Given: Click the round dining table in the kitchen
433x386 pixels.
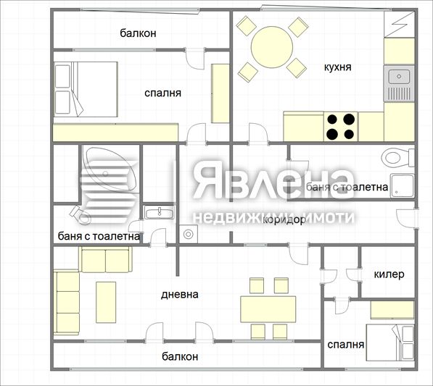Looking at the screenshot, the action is pos(272,47).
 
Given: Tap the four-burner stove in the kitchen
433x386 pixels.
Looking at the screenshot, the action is pos(340,127).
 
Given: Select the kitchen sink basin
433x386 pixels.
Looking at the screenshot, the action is pos(399,77).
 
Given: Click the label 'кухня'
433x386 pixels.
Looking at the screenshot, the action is pos(337,67).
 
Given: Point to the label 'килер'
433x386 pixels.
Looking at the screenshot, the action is pos(389,274).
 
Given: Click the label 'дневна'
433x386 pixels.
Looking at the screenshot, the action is pos(179,295).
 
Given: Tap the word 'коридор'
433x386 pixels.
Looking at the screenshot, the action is pos(284,219).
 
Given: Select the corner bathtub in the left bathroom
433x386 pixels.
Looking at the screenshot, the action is pos(110,169).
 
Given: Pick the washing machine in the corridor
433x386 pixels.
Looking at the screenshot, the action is pos(189,234).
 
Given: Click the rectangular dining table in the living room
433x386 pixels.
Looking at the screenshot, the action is pos(268,309).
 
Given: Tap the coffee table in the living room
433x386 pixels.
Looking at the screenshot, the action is pos(106,302).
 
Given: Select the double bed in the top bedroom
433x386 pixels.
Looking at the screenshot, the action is pos(86,89).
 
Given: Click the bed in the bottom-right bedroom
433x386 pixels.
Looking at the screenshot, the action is pos(390,343).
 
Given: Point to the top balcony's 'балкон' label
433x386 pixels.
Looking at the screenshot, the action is pos(138,33).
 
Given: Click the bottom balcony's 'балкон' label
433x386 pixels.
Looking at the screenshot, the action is pos(180,356).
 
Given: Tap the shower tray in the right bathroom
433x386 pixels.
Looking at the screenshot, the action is pos(402,185).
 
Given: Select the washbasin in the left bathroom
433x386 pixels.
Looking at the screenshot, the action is pos(160,213).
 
